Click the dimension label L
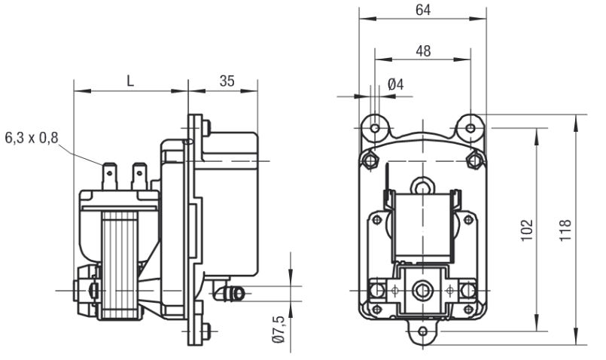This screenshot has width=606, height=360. pos(129,81)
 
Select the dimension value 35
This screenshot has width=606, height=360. pos(226,81)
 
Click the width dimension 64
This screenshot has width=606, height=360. pos(422,10)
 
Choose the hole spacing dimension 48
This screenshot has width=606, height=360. pos(422,50)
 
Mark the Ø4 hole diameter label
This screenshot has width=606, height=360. pos(395,84)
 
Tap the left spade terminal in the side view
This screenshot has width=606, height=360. pos(110,176)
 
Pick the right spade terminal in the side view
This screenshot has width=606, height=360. pos(138,176)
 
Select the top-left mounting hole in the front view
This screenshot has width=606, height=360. pos(375,128)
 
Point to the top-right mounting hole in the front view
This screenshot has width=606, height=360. pos(470,128)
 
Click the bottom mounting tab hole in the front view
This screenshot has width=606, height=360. pos(423,331)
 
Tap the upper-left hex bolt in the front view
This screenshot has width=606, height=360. pos(368,160)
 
